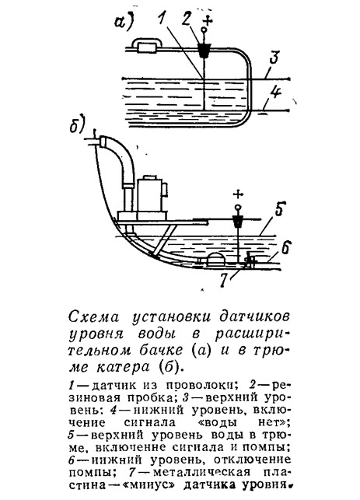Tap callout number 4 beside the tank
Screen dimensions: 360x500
[275, 95]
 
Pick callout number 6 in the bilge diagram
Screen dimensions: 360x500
[285, 248]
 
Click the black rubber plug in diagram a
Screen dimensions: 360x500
[204, 51]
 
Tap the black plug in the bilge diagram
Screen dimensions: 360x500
[237, 221]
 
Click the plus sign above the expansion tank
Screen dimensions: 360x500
[208, 21]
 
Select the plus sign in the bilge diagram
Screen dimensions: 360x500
[237, 194]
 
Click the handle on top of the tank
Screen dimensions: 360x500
[146, 44]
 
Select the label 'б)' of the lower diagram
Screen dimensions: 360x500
[76, 125]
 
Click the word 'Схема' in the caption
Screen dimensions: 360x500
[93, 317]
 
